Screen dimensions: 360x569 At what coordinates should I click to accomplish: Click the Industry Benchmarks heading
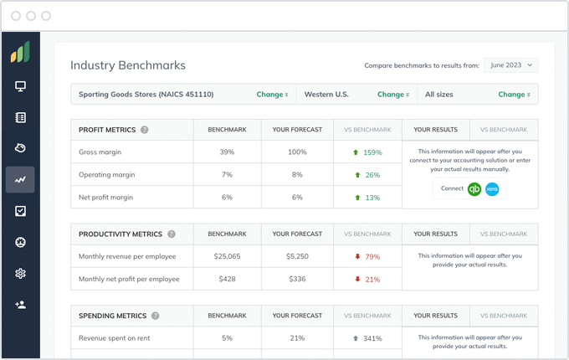click(x=128, y=65)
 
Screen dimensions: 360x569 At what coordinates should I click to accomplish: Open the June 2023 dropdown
click(x=510, y=65)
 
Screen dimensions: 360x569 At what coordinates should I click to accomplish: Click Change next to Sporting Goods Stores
click(x=273, y=95)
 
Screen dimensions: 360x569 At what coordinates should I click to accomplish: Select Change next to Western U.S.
click(x=393, y=95)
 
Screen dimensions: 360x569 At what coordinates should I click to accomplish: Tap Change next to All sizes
click(x=514, y=95)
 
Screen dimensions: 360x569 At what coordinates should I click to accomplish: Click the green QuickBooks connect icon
click(x=474, y=189)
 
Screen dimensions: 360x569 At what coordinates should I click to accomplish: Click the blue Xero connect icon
click(x=492, y=189)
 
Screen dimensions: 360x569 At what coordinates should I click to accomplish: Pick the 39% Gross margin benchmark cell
click(x=227, y=152)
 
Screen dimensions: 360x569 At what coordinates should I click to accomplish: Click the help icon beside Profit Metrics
click(x=145, y=130)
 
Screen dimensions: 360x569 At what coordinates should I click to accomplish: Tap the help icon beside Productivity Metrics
click(x=172, y=234)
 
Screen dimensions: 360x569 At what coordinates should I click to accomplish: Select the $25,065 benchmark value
click(x=227, y=256)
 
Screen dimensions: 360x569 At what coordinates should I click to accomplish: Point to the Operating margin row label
click(x=106, y=175)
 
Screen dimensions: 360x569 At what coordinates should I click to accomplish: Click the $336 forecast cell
click(x=297, y=279)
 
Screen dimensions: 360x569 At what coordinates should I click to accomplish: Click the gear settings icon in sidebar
click(x=20, y=274)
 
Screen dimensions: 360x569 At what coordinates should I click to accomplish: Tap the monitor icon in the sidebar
click(x=20, y=86)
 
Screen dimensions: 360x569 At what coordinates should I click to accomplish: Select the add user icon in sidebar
click(x=20, y=305)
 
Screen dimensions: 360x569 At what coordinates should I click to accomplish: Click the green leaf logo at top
click(x=20, y=53)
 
